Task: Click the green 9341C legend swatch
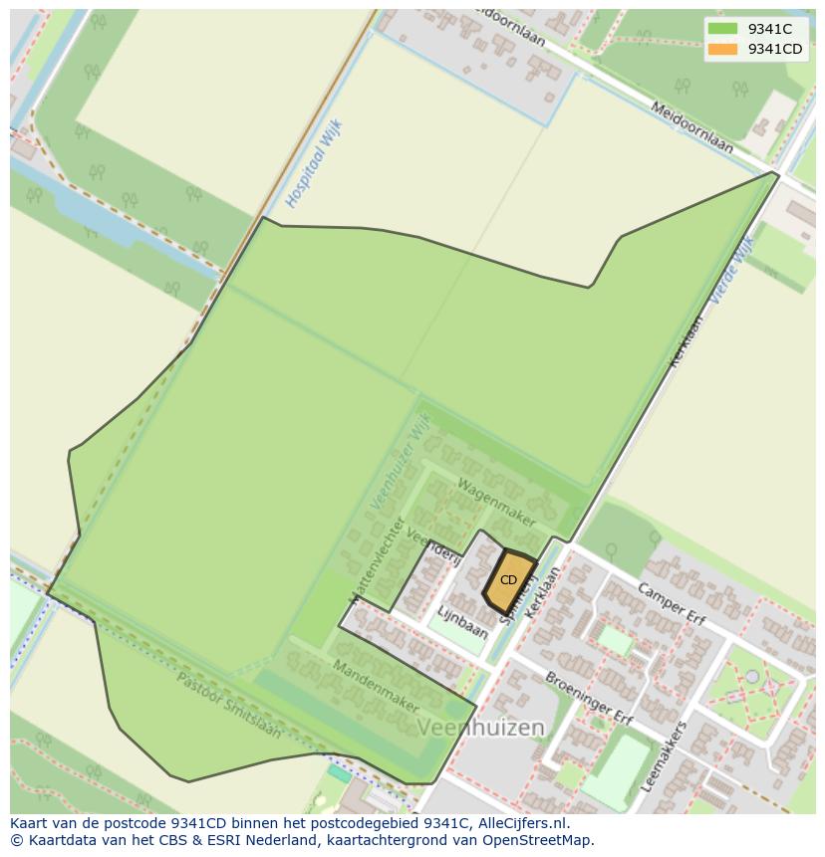723,29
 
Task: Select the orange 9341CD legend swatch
723,49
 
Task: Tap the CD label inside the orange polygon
508,580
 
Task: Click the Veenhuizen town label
480,728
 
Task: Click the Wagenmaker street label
496,503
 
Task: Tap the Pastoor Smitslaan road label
228,705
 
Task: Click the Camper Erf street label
672,605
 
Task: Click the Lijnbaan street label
462,623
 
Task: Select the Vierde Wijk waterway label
731,270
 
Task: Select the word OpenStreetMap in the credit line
543,840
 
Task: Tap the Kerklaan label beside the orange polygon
544,592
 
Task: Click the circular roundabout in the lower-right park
752,677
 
